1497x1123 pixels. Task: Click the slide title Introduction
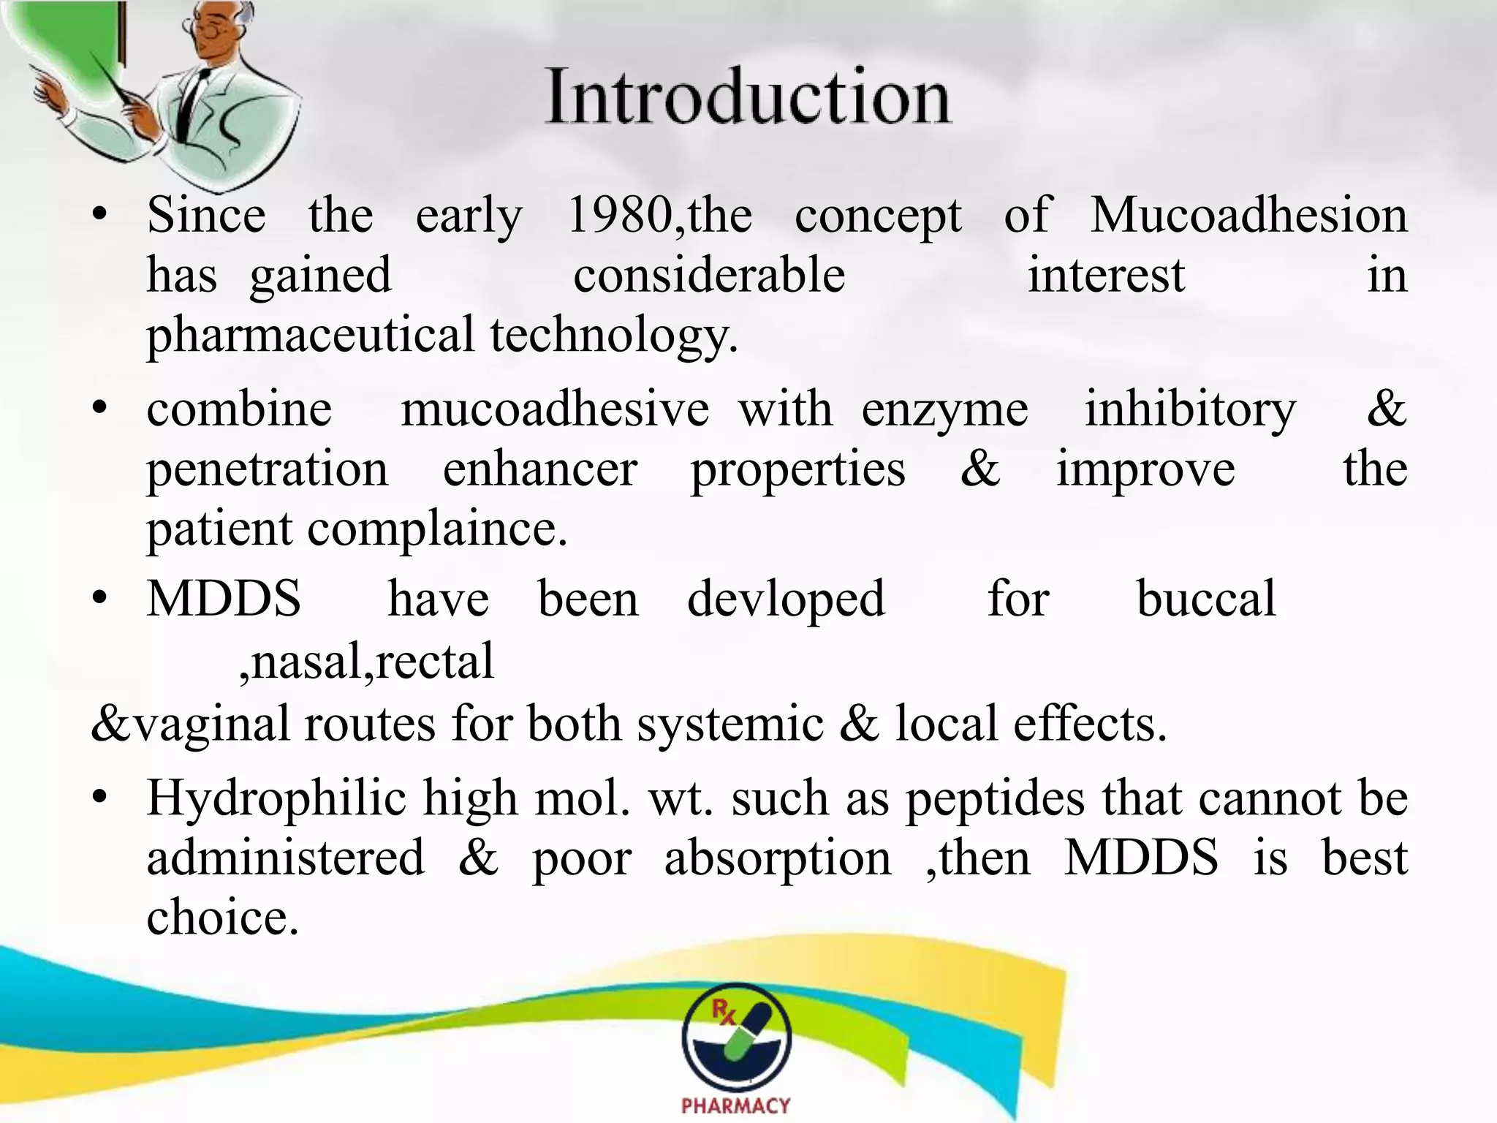748,97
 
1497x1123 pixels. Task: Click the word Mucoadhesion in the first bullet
1248,216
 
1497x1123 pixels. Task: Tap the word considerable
709,276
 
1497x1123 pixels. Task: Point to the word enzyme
944,410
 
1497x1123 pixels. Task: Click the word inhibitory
1189,409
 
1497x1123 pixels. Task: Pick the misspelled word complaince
437,529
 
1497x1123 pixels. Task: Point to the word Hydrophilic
276,798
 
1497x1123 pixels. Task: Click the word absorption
778,858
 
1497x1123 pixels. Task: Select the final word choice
222,918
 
